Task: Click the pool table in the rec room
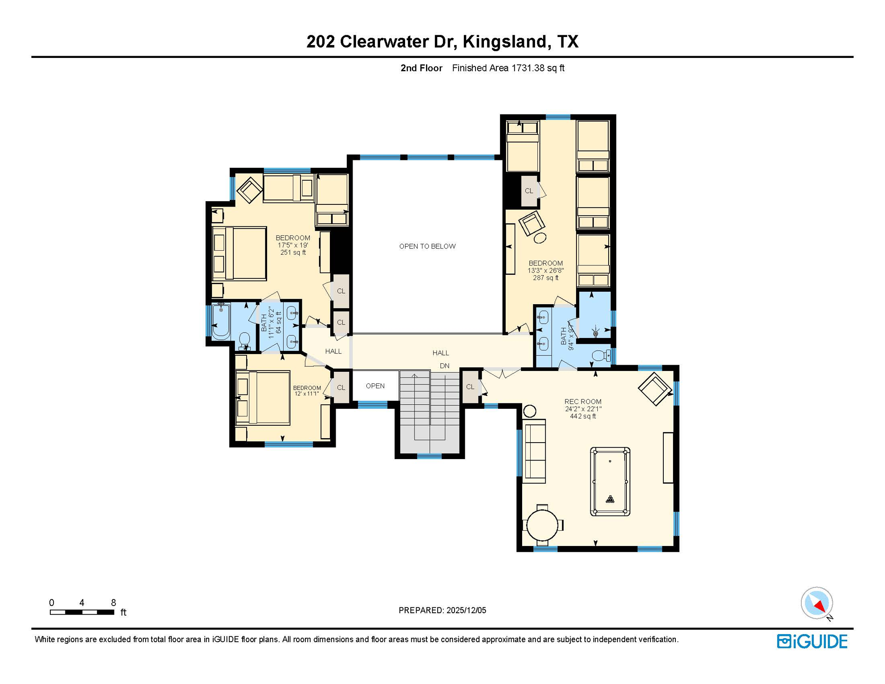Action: (610, 482)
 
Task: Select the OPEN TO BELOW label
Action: (427, 246)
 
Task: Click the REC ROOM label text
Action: (583, 402)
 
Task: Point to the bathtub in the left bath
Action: (221, 322)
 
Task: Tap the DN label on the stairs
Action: (444, 366)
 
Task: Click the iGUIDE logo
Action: (812, 641)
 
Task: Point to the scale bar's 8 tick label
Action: (114, 603)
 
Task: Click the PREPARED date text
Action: (442, 611)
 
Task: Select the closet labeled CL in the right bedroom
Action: (529, 191)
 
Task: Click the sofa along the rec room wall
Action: (534, 451)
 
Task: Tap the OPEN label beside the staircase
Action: (375, 386)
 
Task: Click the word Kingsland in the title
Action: (505, 41)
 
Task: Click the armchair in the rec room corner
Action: (654, 388)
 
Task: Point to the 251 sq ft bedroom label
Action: (293, 252)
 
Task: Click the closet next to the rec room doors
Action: (470, 387)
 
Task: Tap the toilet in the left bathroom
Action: (244, 341)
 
